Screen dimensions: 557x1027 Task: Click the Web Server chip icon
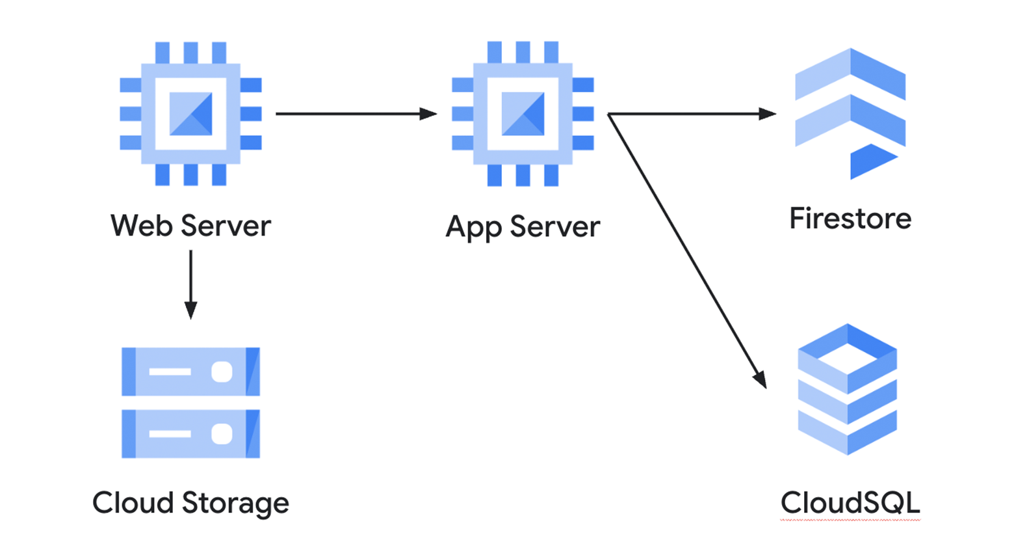tap(190, 114)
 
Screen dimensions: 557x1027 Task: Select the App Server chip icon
tap(523, 114)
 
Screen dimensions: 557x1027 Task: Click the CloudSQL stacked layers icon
tap(847, 389)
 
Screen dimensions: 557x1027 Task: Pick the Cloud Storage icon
tap(190, 402)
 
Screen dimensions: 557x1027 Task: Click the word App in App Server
tap(473, 228)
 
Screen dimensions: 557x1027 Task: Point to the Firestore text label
tap(850, 219)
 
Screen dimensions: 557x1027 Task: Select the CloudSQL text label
tap(850, 503)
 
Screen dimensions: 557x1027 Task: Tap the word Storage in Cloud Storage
tap(235, 504)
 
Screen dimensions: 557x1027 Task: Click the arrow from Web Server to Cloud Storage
tap(190, 283)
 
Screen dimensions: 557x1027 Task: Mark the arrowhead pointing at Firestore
tap(767, 114)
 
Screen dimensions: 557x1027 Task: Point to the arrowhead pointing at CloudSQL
tap(760, 379)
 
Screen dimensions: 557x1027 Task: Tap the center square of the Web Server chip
tap(190, 114)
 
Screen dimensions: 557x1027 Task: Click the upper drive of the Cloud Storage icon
tap(190, 372)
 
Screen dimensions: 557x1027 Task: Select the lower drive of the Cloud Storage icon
tap(190, 433)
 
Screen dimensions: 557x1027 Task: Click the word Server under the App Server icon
tap(554, 227)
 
